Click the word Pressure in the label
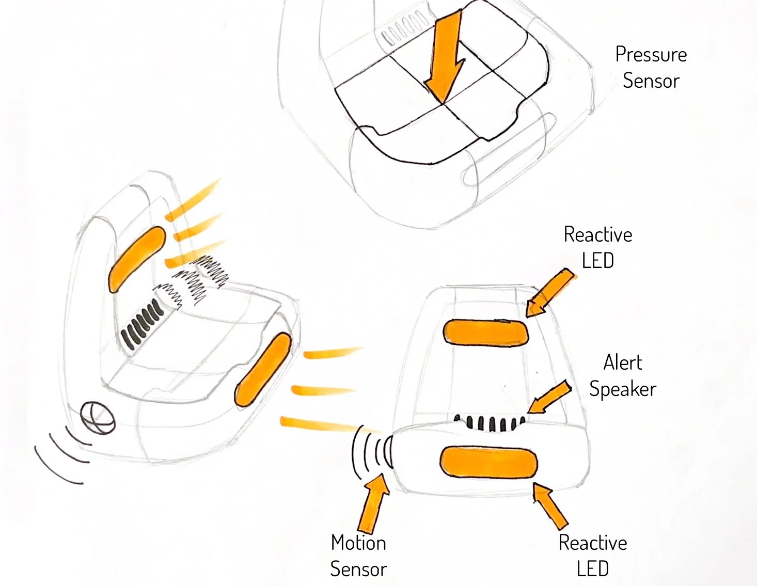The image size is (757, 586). (651, 55)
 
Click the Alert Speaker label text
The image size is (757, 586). (623, 376)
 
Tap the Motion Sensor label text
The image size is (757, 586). (358, 556)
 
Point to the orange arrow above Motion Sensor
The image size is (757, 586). (375, 503)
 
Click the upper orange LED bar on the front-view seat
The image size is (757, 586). (486, 332)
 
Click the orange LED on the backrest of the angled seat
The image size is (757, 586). (136, 259)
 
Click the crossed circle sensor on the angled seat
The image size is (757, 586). (98, 417)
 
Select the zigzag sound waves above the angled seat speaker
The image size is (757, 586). (196, 281)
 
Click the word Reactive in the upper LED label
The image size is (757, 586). (597, 235)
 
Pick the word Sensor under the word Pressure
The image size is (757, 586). (651, 81)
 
